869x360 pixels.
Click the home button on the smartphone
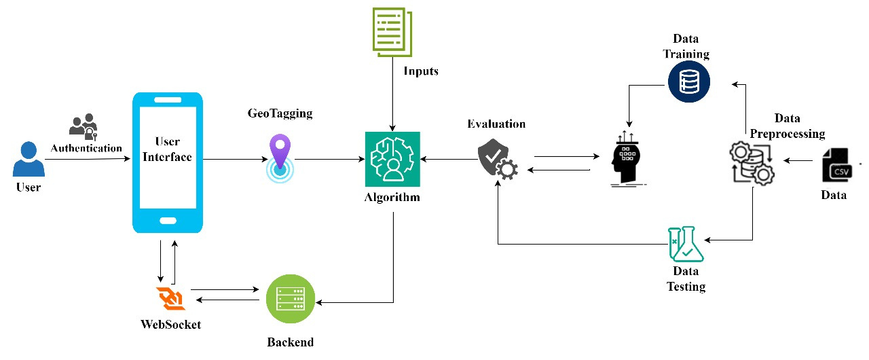[x=168, y=221]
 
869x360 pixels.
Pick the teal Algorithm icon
[x=392, y=160]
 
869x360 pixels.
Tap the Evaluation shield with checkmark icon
[x=498, y=160]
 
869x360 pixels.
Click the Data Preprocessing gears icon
[x=751, y=162]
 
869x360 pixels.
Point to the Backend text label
[x=291, y=342]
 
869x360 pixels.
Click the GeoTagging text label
[x=280, y=113]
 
